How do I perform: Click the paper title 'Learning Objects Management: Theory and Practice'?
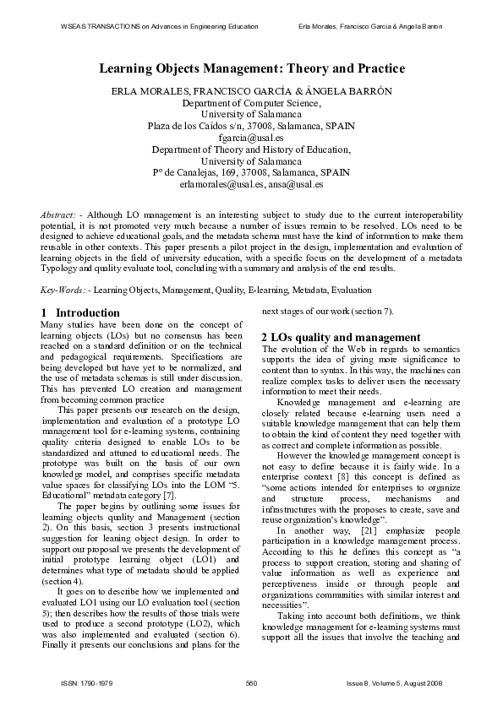click(x=251, y=68)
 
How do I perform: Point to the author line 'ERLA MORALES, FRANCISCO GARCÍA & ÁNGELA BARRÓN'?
click(x=251, y=90)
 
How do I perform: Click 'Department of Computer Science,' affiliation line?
click(x=251, y=102)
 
